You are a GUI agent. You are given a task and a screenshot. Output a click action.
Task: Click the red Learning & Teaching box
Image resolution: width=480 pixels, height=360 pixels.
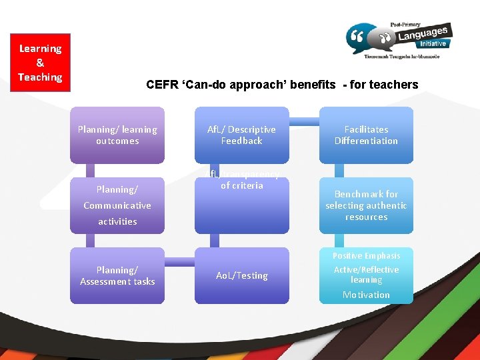[x=40, y=63]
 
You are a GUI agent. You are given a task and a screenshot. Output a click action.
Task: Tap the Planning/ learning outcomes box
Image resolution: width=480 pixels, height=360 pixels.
[x=117, y=135]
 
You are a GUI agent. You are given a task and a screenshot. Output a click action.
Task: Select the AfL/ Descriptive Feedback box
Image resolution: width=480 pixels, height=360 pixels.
[x=241, y=135]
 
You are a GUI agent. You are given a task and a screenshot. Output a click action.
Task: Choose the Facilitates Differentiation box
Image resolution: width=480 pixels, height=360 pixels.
[x=366, y=135]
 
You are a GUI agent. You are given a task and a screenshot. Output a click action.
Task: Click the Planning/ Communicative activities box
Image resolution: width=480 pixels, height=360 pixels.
[x=117, y=205]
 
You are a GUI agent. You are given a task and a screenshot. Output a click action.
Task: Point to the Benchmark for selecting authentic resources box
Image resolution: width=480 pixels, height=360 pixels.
[x=366, y=205]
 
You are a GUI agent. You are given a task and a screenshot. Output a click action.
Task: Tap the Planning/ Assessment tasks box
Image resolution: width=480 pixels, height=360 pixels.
[x=117, y=276]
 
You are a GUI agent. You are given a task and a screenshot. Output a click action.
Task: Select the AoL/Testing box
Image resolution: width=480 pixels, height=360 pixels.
[x=241, y=276]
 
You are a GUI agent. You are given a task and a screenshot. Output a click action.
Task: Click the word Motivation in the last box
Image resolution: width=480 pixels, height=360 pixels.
[x=366, y=295]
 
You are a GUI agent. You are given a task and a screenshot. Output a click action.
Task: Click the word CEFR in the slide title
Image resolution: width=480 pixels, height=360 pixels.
[x=163, y=85]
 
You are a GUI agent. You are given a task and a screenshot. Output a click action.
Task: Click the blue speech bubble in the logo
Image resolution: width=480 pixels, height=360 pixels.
[x=361, y=39]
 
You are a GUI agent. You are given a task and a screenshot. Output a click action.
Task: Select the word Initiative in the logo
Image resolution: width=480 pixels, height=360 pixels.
[x=433, y=44]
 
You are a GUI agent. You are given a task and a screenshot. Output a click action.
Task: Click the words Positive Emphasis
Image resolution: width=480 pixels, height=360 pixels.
[x=366, y=256]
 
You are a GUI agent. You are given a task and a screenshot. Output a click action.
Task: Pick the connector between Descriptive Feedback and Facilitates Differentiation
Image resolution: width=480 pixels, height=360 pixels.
[x=304, y=122]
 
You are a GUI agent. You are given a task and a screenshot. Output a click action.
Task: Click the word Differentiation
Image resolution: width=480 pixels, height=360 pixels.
[x=366, y=141]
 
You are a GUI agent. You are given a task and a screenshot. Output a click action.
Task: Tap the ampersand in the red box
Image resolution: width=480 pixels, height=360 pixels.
[x=40, y=63]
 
